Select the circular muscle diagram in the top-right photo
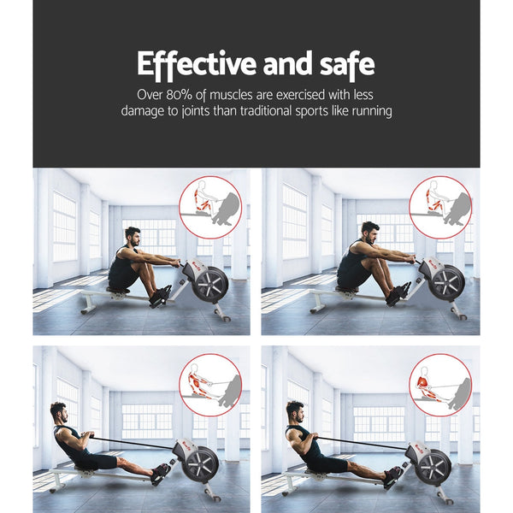point(439,208)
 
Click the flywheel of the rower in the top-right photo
point(446,282)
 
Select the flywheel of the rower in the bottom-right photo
point(433,466)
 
